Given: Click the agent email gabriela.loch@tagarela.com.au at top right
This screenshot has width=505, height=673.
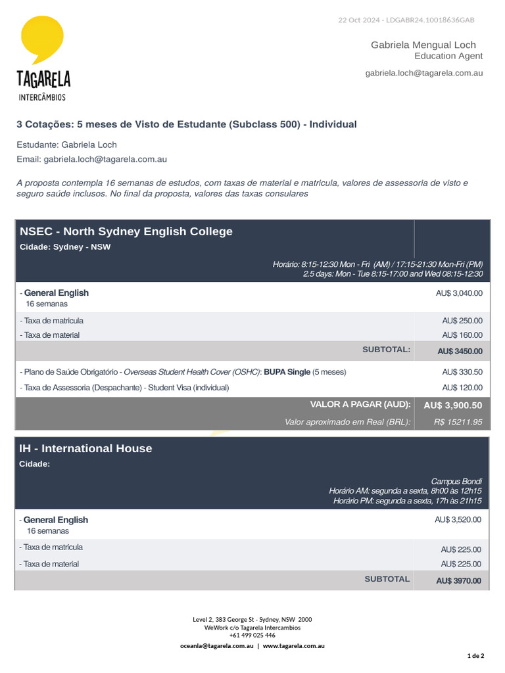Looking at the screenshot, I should pyautogui.click(x=424, y=73).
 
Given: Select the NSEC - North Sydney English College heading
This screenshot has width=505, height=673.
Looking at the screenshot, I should pyautogui.click(x=126, y=231).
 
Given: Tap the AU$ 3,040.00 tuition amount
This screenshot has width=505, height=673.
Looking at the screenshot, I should pyautogui.click(x=459, y=293).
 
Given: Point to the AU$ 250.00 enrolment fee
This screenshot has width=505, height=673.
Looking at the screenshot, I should pyautogui.click(x=462, y=321).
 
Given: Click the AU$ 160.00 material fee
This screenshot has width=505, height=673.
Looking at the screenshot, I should pyautogui.click(x=462, y=335).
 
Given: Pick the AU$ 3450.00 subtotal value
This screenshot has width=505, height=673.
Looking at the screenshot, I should pyautogui.click(x=460, y=351).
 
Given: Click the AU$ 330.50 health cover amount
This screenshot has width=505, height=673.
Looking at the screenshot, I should pyautogui.click(x=462, y=372).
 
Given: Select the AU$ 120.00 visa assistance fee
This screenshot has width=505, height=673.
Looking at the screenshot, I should pyautogui.click(x=462, y=388).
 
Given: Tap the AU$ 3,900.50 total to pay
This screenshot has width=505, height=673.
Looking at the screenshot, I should pyautogui.click(x=453, y=406).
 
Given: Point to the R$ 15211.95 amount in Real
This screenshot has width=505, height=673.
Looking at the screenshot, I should pyautogui.click(x=458, y=422).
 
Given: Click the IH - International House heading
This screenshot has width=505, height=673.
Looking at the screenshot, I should pyautogui.click(x=85, y=448).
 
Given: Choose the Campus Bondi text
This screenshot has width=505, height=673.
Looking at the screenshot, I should pyautogui.click(x=456, y=480).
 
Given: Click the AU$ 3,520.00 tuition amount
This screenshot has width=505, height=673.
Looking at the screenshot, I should pyautogui.click(x=458, y=519).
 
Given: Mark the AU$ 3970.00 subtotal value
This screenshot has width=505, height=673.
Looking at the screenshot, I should pyautogui.click(x=458, y=581).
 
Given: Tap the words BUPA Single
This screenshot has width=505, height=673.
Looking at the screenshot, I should pyautogui.click(x=287, y=372).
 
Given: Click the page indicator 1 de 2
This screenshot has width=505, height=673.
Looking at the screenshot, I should pyautogui.click(x=475, y=656).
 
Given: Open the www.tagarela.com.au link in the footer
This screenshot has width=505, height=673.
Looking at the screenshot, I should pyautogui.click(x=294, y=646).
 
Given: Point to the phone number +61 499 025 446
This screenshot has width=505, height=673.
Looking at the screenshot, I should pyautogui.click(x=252, y=636).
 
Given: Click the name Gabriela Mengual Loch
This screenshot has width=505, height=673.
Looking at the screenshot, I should pyautogui.click(x=423, y=45).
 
